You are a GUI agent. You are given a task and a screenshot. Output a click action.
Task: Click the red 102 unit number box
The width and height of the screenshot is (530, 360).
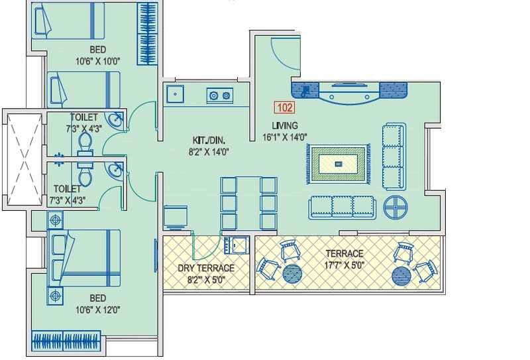coord(284,107)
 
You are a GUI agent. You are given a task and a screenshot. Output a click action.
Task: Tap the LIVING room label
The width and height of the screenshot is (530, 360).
coord(285,126)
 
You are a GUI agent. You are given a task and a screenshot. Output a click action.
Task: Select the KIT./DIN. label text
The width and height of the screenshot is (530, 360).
coord(209,140)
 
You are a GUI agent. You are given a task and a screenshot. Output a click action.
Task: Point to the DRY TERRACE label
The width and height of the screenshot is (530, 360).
coord(206,269)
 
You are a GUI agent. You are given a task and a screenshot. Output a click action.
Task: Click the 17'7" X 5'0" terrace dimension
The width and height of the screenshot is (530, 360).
coord(344,265)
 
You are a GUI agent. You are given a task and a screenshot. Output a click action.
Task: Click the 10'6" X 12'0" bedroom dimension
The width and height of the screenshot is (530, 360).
coord(97,310)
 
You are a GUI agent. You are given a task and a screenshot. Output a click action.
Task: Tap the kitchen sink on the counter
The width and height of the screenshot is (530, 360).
coord(175,94)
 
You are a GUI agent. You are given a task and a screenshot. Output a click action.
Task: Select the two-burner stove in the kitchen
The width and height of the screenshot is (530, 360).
coord(220,95)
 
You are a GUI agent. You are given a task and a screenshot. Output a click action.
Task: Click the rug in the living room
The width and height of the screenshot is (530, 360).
coord(339,164)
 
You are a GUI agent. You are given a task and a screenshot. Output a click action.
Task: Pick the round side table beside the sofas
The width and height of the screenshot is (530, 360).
coord(395,207)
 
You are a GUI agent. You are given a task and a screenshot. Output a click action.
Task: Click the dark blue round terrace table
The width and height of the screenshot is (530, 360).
coord(401,276)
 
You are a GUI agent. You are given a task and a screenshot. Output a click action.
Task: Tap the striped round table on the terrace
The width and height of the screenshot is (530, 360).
coord(292,274)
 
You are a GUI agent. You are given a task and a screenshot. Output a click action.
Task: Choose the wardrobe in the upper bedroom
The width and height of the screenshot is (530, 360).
coord(147,34)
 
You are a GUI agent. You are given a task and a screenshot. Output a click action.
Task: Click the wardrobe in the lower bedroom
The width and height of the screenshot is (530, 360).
coord(66,341)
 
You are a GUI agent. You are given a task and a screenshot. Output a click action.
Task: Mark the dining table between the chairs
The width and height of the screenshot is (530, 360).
coord(248,203)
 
